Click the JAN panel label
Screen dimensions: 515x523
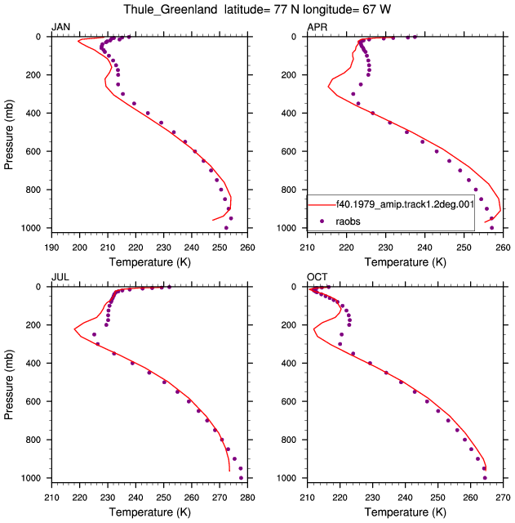pos(60,27)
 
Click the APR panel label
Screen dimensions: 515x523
pos(317,27)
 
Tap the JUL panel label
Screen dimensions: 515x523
pos(60,277)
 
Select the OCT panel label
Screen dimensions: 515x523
pos(317,277)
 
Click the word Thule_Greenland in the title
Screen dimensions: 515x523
pos(171,10)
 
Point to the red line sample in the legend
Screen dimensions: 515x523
pos(322,204)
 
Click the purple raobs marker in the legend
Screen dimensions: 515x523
pos(322,221)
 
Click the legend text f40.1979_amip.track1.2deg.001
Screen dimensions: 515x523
pos(405,204)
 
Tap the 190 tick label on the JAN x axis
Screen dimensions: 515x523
pos(51,248)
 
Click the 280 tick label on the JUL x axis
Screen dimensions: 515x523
pos(247,498)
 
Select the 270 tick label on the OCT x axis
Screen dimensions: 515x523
pos(503,498)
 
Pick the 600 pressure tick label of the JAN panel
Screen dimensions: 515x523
pos(33,151)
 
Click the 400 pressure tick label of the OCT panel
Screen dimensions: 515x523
pos(289,363)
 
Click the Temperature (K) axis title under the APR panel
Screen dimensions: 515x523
pos(405,262)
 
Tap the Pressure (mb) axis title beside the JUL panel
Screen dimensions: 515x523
pos(9,385)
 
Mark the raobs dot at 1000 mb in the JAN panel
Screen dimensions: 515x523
pos(226,228)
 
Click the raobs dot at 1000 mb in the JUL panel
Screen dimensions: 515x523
pos(242,478)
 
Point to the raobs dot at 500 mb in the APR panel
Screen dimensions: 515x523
pos(406,132)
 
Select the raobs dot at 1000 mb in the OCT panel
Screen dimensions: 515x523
pos(485,478)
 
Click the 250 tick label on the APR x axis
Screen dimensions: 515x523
pos(464,248)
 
